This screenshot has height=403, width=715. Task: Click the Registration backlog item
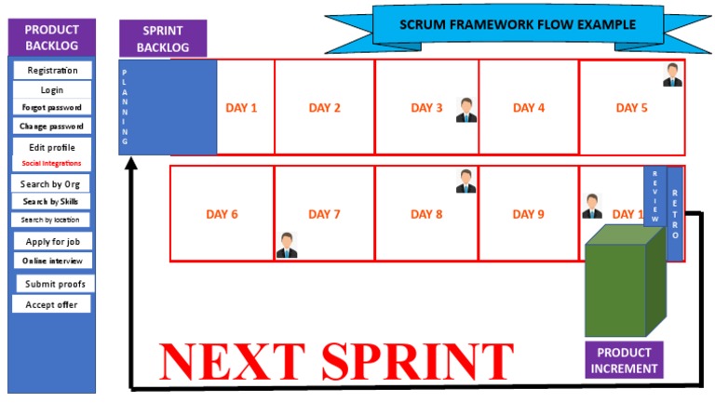(x=51, y=70)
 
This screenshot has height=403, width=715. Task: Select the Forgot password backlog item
(x=51, y=108)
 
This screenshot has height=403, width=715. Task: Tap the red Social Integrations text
(x=51, y=164)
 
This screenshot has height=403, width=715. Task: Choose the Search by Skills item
(x=51, y=202)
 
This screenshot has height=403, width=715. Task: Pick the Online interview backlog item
(x=51, y=261)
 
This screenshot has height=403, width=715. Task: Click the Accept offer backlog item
(x=51, y=304)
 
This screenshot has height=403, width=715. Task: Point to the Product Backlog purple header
(x=51, y=37)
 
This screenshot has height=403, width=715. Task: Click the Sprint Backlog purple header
(x=163, y=38)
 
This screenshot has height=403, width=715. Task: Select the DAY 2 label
(x=324, y=108)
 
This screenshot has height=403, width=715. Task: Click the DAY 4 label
(x=528, y=108)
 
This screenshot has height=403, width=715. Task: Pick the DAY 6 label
(x=222, y=215)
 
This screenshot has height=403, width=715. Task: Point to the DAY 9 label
(x=528, y=215)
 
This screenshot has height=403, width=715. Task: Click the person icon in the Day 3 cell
(x=466, y=111)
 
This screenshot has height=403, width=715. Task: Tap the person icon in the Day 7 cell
(x=287, y=245)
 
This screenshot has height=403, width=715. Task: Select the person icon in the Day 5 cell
(x=673, y=74)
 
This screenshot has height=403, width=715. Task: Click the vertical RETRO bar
(x=675, y=214)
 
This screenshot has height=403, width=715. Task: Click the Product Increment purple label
(x=624, y=359)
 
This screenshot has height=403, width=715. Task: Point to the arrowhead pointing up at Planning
(x=131, y=163)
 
